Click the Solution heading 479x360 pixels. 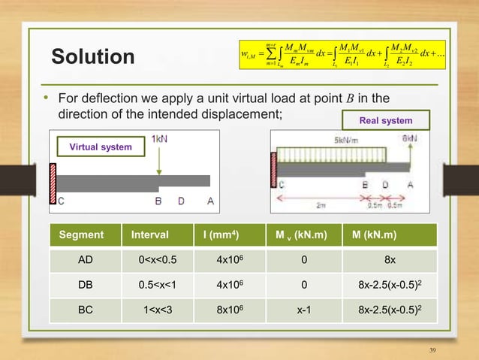pyautogui.click(x=92, y=57)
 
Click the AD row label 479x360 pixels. pyautogui.click(x=86, y=265)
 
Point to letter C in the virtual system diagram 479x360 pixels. pyautogui.click(x=61, y=200)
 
